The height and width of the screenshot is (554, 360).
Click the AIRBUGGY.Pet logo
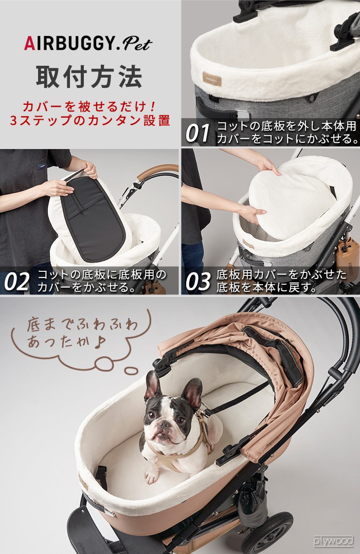coord(88,44)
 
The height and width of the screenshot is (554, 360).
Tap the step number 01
coord(197,133)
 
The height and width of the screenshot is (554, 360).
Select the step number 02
coord(16,282)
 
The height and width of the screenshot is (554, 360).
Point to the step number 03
coord(198,282)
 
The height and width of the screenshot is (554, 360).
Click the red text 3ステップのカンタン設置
coord(91,120)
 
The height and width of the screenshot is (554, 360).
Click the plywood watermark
coord(333,541)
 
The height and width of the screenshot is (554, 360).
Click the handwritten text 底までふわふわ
coord(82,325)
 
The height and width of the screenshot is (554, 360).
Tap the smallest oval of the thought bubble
coord(132,370)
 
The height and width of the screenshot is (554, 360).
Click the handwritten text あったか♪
coord(66,341)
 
